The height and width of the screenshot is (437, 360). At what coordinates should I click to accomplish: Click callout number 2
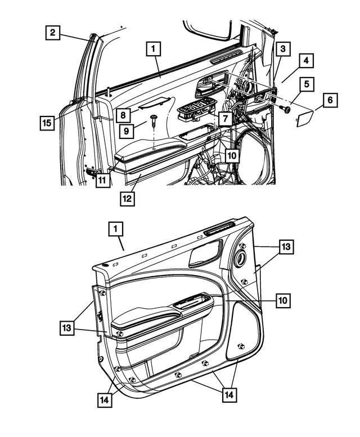52,33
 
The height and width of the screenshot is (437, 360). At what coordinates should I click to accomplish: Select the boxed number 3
283,49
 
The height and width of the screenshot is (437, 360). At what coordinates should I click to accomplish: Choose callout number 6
330,100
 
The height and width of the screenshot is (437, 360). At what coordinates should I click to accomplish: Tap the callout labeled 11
102,181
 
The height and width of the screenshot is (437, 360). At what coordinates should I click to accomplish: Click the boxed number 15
48,121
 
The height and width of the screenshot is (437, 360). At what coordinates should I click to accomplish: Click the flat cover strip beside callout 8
154,102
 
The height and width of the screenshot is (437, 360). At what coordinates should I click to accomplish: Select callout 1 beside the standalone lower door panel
115,229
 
